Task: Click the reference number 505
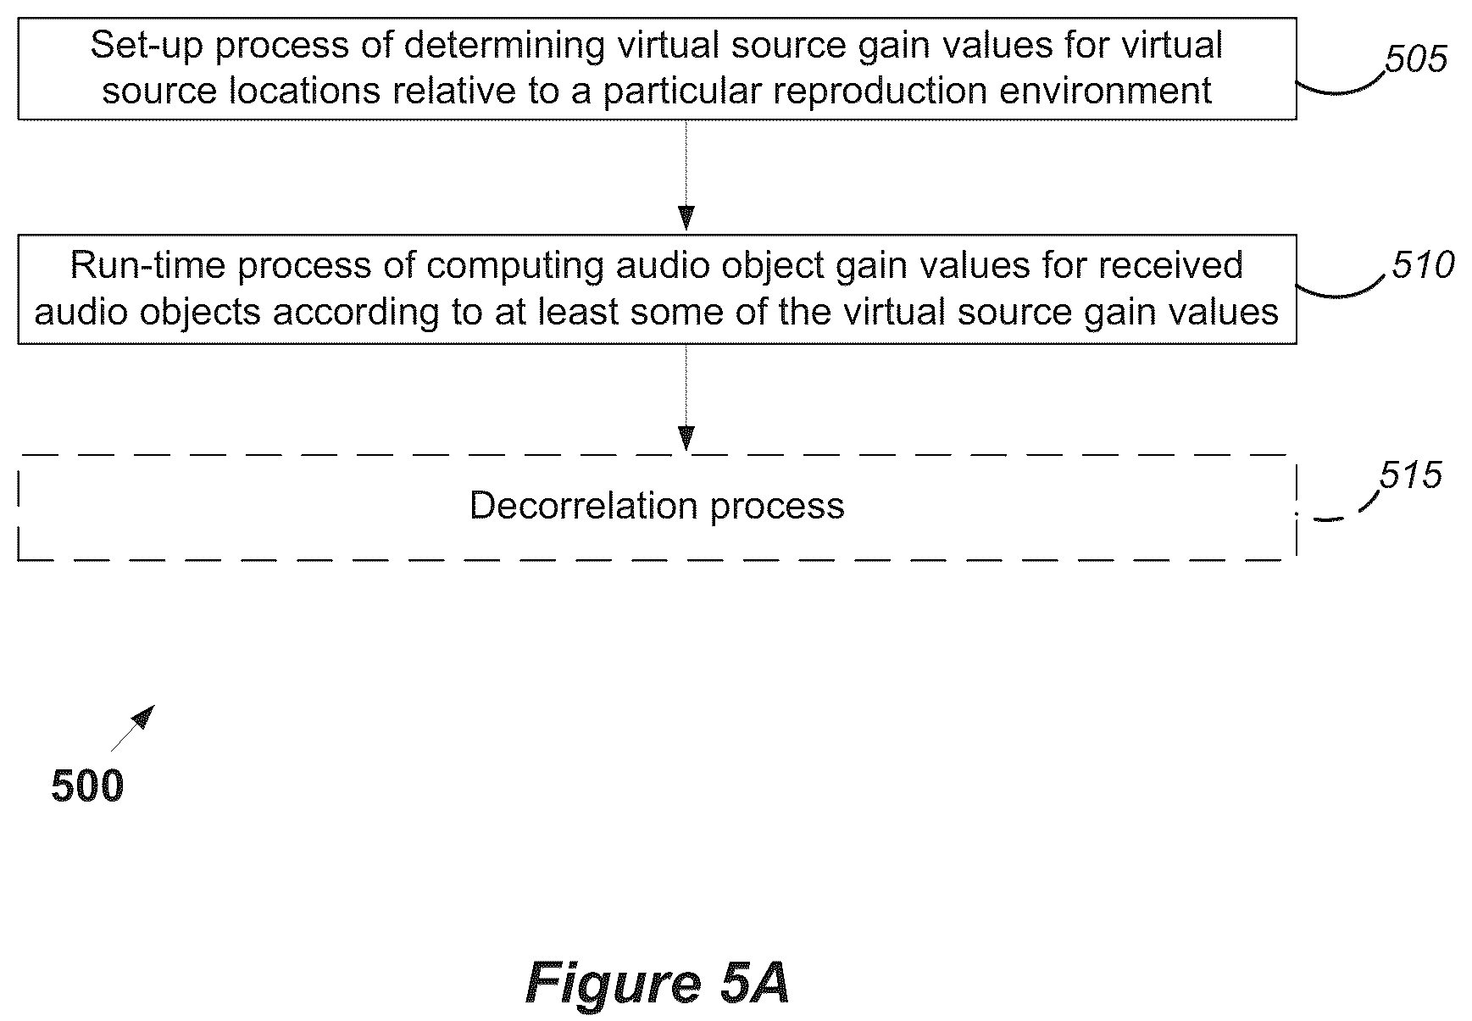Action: [1416, 59]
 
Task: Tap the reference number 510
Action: [1423, 265]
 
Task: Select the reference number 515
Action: [1410, 475]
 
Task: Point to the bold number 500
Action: [87, 785]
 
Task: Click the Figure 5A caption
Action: [658, 983]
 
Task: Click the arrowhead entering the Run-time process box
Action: [686, 219]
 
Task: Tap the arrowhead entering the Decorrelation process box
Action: [686, 438]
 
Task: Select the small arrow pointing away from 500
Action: [133, 728]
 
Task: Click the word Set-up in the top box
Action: [147, 45]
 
